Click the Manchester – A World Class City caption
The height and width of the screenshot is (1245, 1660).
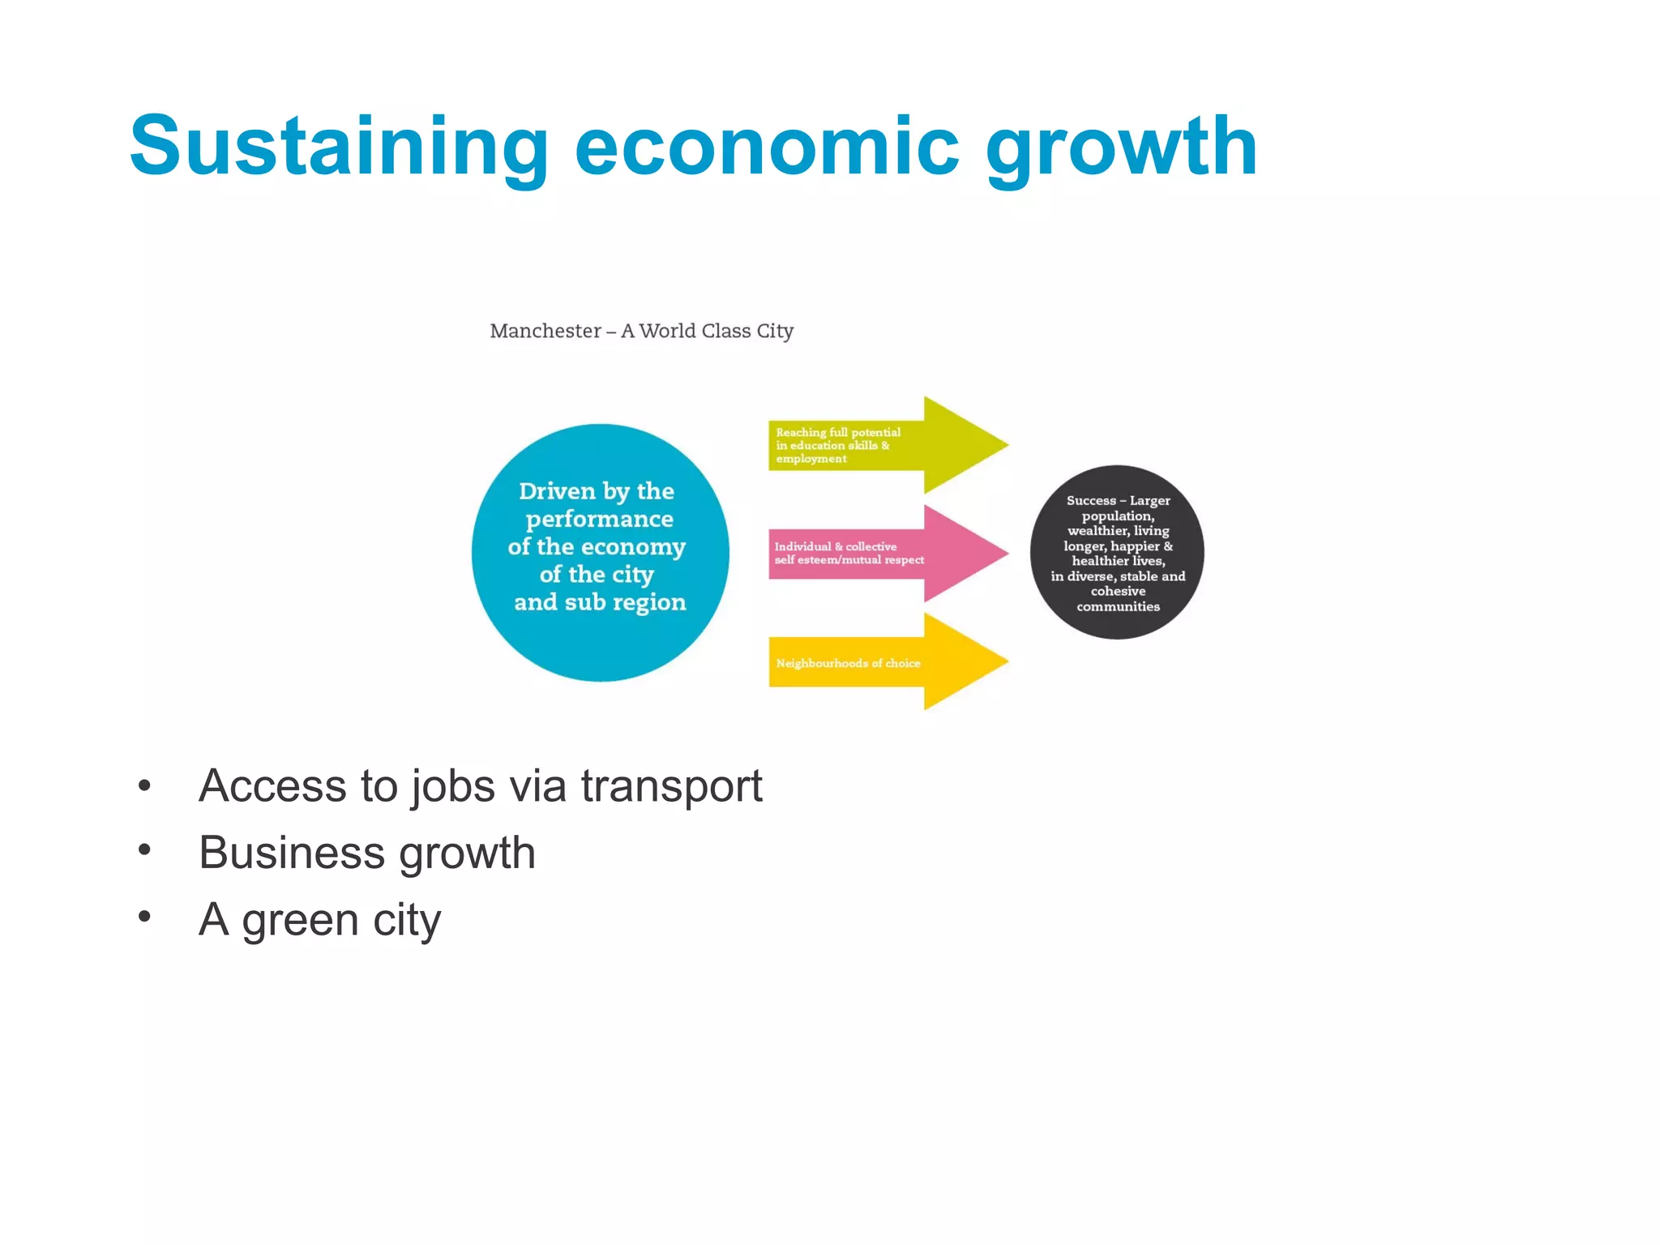tap(641, 331)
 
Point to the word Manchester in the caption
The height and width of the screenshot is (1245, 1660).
tap(545, 331)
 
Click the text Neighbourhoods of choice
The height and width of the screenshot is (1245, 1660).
tap(848, 663)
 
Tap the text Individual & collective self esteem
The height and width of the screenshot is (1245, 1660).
tap(849, 553)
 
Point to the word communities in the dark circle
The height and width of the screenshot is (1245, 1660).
tap(1118, 606)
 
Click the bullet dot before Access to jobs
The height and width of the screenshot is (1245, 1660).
tap(144, 785)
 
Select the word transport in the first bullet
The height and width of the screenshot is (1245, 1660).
tap(671, 786)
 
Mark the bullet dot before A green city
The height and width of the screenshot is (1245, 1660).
tap(144, 917)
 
